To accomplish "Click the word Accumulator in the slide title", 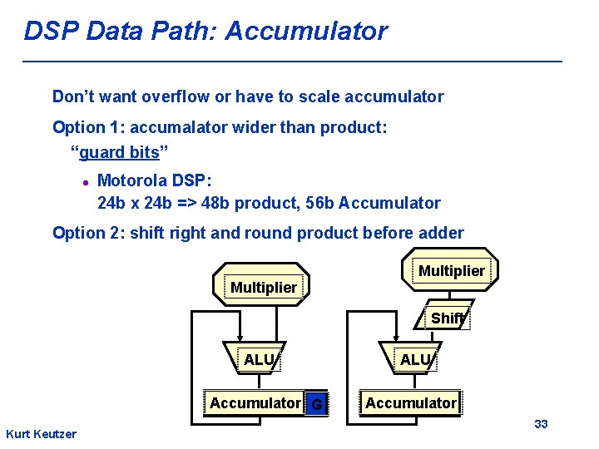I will tap(306, 32).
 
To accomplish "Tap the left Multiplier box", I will tap(263, 287).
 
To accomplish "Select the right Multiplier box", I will tap(451, 270).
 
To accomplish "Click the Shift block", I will tap(448, 318).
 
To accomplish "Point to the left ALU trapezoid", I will tap(259, 359).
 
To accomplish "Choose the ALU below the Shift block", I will tap(415, 359).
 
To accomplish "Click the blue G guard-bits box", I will tap(316, 405).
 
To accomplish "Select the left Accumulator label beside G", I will tap(255, 403).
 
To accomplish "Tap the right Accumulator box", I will tap(410, 403).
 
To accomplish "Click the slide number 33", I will tap(541, 424).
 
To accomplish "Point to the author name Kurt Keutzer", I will tap(41, 434).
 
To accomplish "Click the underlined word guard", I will tap(100, 152).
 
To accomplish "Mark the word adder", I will tap(441, 233).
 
